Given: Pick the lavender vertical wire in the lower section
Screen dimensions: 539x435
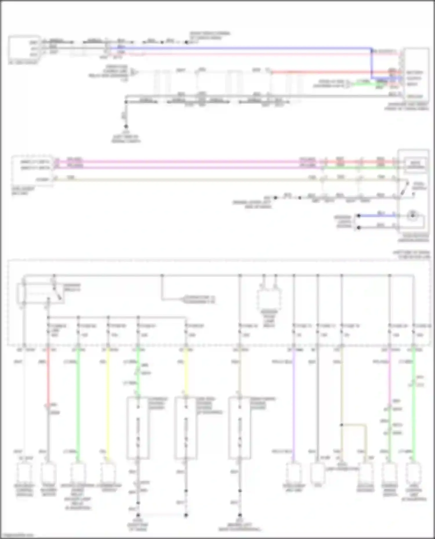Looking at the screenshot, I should click(293, 405).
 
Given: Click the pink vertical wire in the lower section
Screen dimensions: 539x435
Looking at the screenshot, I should click(389, 377).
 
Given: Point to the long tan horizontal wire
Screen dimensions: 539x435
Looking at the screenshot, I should click(188, 180).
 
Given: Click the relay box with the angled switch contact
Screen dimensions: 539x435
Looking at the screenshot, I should click(41, 293).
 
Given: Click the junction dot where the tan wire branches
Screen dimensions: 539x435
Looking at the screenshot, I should click(342, 425).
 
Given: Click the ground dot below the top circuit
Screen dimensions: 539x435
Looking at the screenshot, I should click(126, 127).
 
